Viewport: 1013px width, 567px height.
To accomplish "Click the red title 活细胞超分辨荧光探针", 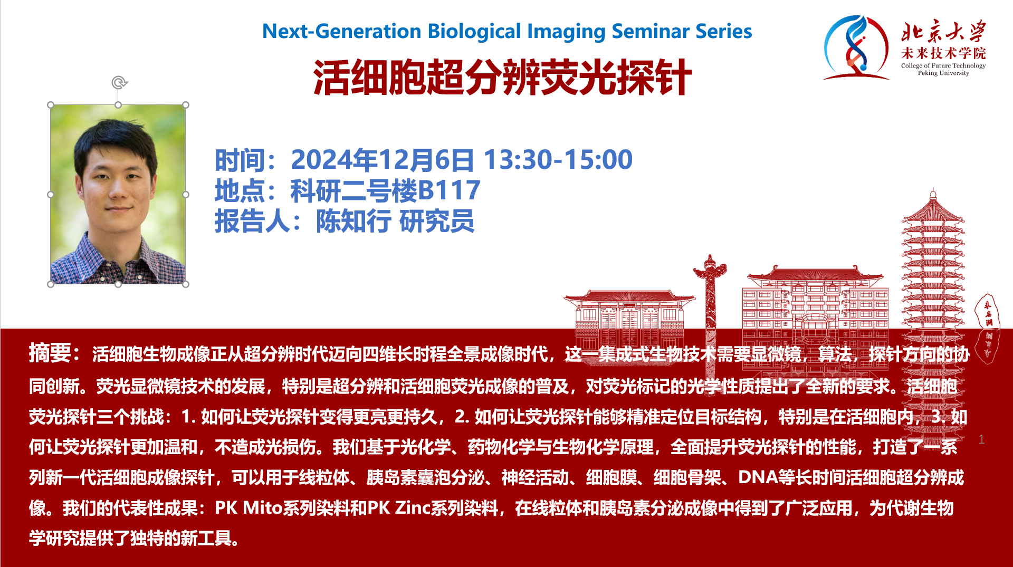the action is [x=502, y=78].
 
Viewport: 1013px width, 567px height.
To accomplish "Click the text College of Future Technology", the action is [x=943, y=65].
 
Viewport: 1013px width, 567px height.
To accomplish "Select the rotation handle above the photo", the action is [x=119, y=82].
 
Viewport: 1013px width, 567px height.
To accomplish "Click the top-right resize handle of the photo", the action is [x=186, y=105].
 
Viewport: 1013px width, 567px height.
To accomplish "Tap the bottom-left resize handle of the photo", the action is [x=51, y=284].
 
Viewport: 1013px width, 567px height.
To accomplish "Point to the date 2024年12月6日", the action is [x=382, y=160].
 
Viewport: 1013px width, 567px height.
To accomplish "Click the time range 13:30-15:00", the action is [x=558, y=160].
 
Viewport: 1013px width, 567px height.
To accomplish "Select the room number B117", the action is [x=449, y=190].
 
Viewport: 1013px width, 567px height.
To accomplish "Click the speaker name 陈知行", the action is [x=353, y=221].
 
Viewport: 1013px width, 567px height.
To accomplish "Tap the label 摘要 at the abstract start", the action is [x=50, y=353].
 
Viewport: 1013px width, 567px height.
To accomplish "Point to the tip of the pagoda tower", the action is [x=933, y=188].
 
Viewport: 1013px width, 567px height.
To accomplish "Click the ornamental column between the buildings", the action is [x=710, y=306].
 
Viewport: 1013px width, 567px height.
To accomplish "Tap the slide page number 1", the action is [x=981, y=439].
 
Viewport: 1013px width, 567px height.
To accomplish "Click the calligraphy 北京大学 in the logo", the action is [x=943, y=32].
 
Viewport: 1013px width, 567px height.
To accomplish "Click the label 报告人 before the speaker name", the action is [x=252, y=221].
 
